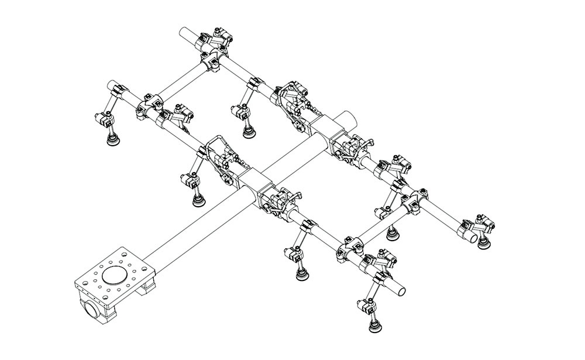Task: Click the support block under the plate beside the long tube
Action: [148, 287]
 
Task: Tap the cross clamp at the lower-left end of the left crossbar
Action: [147, 105]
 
